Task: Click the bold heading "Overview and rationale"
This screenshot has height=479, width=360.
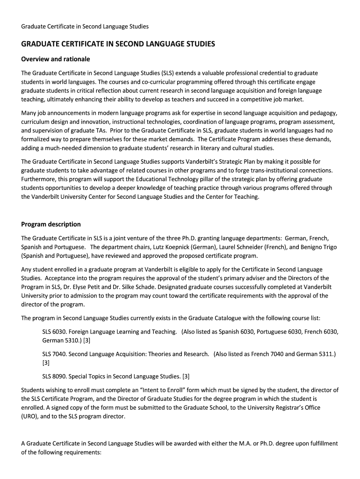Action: [x=56, y=59]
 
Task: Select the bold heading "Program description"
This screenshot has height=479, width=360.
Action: [x=51, y=224]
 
